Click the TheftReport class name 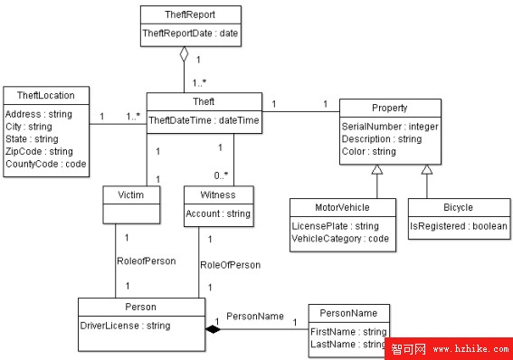(191, 14)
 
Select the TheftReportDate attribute (191, 33)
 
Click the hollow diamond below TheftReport (184, 54)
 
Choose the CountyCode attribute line (45, 165)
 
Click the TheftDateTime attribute (204, 119)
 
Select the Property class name (389, 108)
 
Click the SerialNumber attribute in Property (389, 127)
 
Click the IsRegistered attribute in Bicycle (458, 226)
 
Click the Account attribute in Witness (217, 214)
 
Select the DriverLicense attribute (125, 326)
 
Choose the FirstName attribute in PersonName (349, 332)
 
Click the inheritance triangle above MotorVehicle (375, 169)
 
